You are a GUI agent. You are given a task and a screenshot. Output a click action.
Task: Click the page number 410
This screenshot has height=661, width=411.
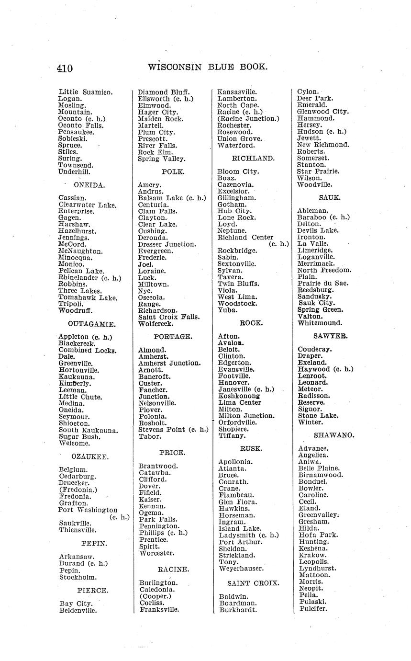[x=65, y=68]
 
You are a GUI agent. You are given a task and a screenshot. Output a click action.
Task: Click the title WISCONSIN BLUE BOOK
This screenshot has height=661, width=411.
[x=208, y=67]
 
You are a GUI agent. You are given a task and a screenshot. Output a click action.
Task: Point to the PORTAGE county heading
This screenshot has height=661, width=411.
[x=173, y=337]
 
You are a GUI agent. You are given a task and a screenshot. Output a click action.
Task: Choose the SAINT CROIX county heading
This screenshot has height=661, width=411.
[x=253, y=583]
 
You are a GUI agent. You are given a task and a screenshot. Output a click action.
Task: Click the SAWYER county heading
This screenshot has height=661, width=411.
[x=330, y=336]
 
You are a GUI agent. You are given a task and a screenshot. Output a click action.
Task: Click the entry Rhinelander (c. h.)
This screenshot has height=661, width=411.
[x=90, y=278]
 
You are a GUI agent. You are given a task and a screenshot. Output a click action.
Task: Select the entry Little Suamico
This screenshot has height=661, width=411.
[x=86, y=92]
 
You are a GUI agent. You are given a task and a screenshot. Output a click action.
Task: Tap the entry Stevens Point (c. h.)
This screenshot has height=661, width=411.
[x=173, y=430]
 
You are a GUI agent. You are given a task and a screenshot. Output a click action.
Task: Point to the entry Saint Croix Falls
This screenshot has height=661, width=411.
[x=169, y=317]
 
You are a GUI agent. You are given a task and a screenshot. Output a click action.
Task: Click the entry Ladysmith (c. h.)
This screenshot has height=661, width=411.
[x=249, y=536]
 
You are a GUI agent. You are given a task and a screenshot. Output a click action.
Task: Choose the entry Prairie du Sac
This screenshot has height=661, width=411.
[x=322, y=283]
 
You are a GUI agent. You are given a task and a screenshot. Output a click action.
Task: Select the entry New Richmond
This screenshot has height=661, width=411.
[x=323, y=145]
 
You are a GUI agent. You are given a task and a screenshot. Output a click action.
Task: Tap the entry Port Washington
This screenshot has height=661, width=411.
[x=88, y=510]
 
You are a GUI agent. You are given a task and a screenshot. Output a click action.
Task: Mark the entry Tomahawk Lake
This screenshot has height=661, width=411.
[x=88, y=297]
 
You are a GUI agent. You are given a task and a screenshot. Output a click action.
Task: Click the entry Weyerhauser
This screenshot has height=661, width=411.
[x=241, y=569]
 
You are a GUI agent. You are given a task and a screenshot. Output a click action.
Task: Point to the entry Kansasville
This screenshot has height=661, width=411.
[x=237, y=92]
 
